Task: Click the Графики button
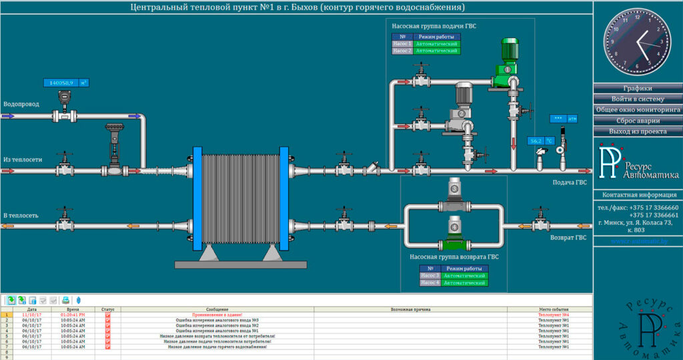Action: click(637, 88)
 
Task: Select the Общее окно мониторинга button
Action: click(637, 109)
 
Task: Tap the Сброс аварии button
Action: click(637, 121)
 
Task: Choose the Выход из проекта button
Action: click(637, 131)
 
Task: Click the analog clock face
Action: click(638, 44)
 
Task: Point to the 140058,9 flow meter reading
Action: click(61, 83)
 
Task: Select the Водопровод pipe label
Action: click(21, 105)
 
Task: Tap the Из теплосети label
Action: click(23, 160)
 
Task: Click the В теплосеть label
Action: click(21, 215)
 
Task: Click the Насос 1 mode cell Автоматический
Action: click(437, 44)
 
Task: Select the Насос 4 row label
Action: click(430, 283)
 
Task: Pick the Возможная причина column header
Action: click(410, 309)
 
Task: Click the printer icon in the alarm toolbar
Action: click(65, 300)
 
